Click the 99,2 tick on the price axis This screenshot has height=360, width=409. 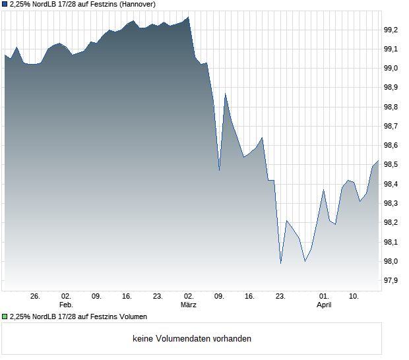(392, 30)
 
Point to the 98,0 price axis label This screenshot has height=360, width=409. (392, 262)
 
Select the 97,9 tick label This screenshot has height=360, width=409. (392, 281)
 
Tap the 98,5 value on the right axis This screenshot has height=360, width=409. (392, 165)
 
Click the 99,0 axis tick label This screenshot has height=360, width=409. (392, 69)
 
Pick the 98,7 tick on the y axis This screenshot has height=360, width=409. (392, 126)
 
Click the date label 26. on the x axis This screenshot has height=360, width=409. (36, 297)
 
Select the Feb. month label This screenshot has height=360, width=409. (65, 305)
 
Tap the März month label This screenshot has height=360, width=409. (189, 305)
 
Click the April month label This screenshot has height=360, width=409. (324, 305)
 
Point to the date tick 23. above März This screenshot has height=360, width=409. (158, 297)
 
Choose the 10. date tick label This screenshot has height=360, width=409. (354, 297)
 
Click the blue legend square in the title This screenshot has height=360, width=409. (5, 4)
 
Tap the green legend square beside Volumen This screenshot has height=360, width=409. (5, 316)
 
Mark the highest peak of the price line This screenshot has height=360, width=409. (189, 17)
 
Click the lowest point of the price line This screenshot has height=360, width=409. (281, 263)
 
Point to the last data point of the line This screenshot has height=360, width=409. (378, 161)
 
